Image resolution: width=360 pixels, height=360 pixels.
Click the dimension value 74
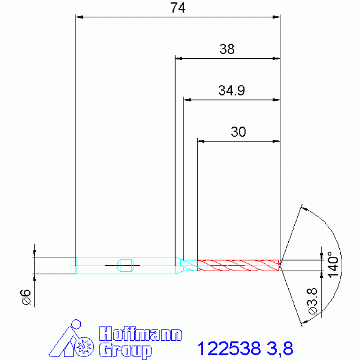coord(178,8)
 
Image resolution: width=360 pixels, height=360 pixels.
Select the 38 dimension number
coord(227,49)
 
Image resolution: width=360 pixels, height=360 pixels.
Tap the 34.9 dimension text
coord(231,91)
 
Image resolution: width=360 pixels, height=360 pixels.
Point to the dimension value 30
coord(238,132)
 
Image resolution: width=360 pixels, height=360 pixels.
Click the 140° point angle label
coord(333,265)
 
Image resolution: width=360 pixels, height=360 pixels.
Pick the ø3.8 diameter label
coord(312,301)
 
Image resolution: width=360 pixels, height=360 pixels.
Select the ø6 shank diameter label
coord(25,297)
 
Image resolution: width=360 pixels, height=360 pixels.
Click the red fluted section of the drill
coord(238,265)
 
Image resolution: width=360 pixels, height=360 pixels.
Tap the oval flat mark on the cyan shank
coord(126,265)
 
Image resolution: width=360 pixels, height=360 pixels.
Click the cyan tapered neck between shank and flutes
coord(186,265)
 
